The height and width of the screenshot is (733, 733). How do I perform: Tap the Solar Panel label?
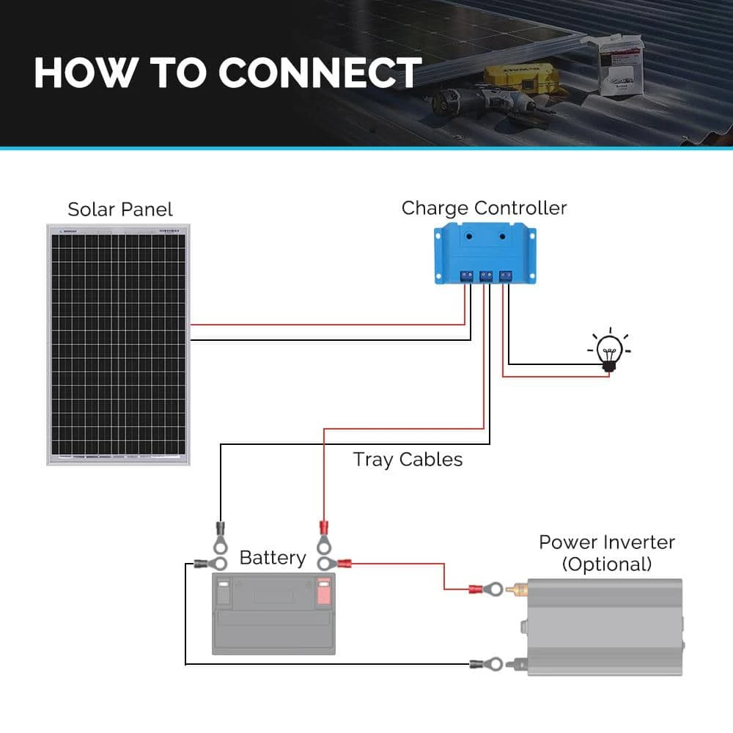120,210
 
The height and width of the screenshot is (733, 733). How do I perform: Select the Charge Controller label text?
484,208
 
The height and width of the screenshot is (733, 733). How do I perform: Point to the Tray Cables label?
408,460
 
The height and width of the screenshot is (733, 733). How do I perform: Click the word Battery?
273,558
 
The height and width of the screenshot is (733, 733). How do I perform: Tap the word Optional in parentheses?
607,564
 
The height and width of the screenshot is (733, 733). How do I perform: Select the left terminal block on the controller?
465,276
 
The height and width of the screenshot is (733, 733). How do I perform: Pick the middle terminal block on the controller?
485,276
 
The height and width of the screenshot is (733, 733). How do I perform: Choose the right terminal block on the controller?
504,276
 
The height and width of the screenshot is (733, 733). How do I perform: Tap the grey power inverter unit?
605,627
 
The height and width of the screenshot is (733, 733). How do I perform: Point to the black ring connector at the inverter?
488,664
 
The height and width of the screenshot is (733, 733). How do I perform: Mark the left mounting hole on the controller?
466,237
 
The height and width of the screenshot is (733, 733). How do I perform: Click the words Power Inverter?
607,542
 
